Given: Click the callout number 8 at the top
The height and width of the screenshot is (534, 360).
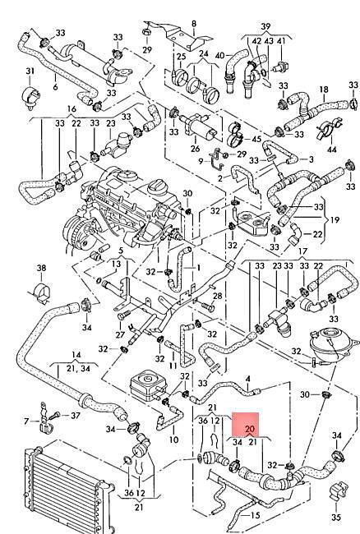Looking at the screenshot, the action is [x=194, y=24].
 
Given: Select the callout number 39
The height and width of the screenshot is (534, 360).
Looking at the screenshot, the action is [x=265, y=26].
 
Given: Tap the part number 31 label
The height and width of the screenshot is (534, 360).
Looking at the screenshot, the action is [x=30, y=71].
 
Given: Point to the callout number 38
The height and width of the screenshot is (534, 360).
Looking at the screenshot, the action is [x=42, y=268].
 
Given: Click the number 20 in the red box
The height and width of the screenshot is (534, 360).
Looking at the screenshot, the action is [x=250, y=429].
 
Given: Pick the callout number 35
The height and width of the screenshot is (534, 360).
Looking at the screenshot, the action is [x=336, y=517].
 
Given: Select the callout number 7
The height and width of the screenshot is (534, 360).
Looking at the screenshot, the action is [x=26, y=421].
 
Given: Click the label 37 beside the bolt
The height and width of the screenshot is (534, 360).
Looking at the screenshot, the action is [x=76, y=416].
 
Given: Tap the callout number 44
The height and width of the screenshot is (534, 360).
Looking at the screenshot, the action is [x=332, y=150].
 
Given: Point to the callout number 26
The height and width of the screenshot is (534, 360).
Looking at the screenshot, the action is [x=195, y=149].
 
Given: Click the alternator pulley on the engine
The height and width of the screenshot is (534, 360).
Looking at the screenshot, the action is [x=76, y=232].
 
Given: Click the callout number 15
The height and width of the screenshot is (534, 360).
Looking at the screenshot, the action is [x=255, y=516].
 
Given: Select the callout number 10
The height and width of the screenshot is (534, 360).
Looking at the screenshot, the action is [x=173, y=440].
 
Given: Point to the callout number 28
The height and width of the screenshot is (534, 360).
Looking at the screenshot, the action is [x=217, y=296].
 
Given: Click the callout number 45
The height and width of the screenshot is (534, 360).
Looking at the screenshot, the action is [x=256, y=139].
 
